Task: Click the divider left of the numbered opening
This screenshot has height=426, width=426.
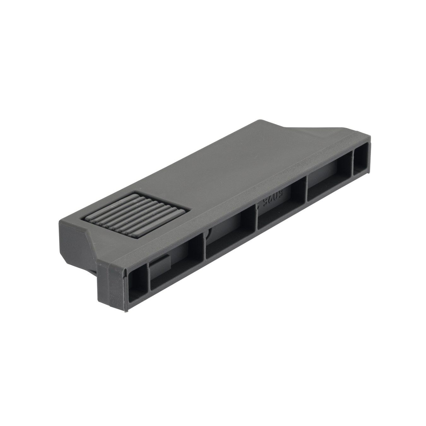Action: tap(256, 218)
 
